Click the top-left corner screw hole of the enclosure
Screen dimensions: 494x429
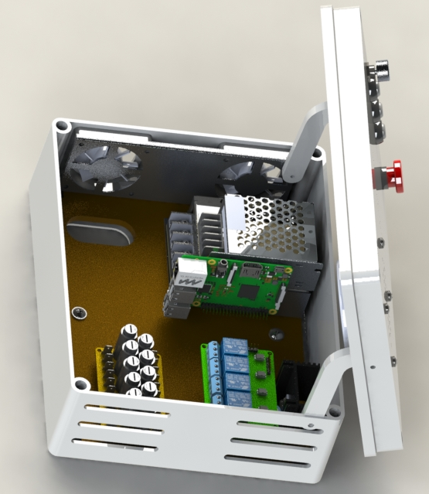tap(60, 124)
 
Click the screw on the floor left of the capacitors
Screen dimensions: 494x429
tap(78, 312)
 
